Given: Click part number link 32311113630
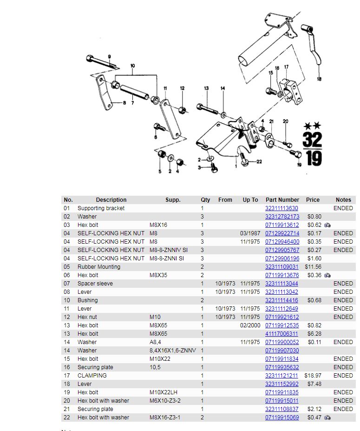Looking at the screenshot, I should [x=281, y=208].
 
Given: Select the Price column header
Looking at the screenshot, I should [x=313, y=200].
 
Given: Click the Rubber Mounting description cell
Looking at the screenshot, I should [x=98, y=267].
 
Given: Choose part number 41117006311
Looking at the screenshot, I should [x=281, y=334].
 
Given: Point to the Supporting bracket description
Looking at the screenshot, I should [x=101, y=208].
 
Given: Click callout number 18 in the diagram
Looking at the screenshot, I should [x=319, y=79].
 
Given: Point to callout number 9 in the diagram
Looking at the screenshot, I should [x=110, y=57].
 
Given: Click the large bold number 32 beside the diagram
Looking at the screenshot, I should [x=312, y=139].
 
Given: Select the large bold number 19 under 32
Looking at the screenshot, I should [x=314, y=159].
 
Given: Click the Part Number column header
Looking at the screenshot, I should [x=282, y=200].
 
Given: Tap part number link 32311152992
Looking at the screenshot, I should [x=281, y=384].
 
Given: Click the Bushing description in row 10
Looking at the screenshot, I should [x=88, y=300].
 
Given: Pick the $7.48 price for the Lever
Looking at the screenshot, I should [x=314, y=384].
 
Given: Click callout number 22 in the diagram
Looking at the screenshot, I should [x=259, y=162].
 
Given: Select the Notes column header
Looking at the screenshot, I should [x=343, y=200].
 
